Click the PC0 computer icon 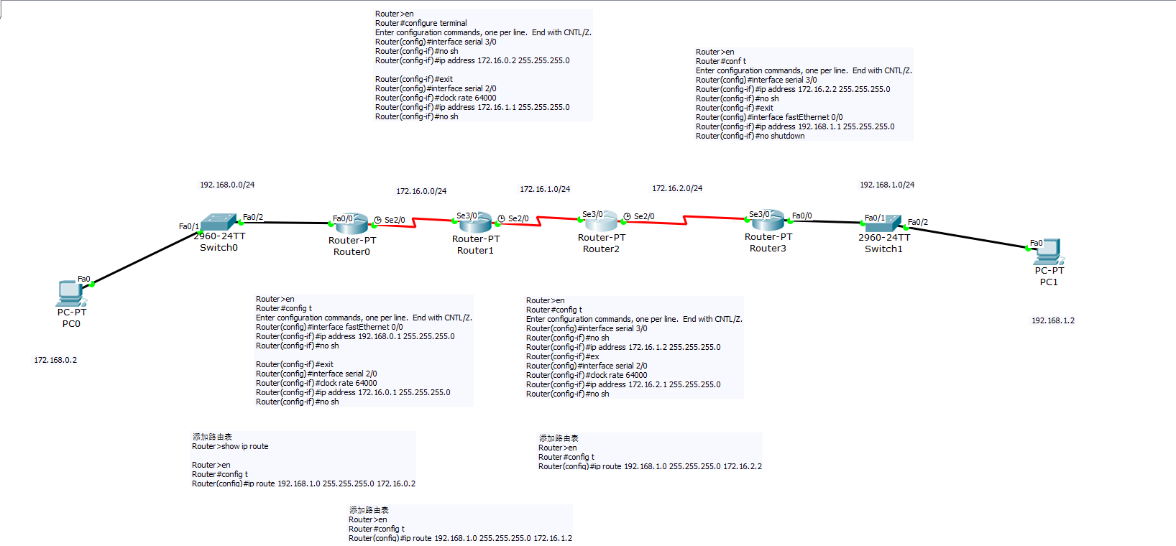tap(70, 293)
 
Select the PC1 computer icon tap(1049, 251)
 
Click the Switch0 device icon tap(219, 221)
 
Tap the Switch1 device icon tap(883, 223)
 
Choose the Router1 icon tap(475, 222)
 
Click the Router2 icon tap(601, 221)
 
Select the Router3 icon tap(768, 220)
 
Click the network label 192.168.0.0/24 tap(227, 185)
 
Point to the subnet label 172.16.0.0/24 tap(421, 191)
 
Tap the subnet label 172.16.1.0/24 tap(545, 189)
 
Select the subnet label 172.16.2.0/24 tap(677, 188)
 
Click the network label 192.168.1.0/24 tap(887, 185)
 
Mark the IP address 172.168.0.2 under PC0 tap(55, 360)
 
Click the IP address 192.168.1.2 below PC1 tap(1053, 320)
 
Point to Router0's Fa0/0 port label tap(342, 218)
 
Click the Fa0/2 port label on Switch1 tap(918, 222)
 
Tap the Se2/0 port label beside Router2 tap(644, 216)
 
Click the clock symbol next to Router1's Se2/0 tap(501, 218)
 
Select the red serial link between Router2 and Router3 tap(684, 220)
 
